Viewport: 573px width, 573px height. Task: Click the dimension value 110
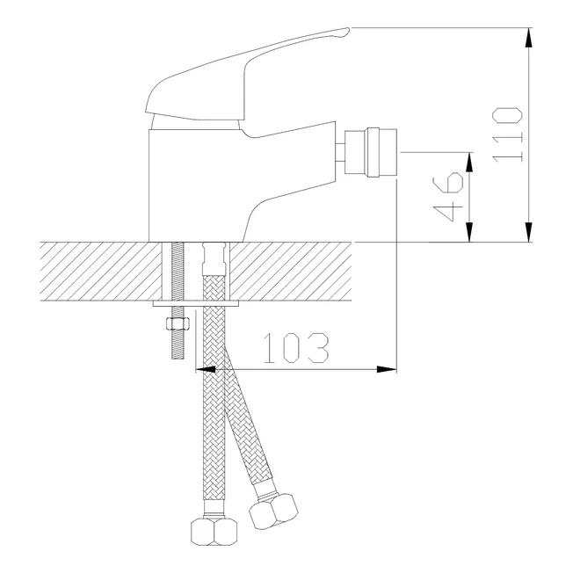507,134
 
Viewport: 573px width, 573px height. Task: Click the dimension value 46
448,197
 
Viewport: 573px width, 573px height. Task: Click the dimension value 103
296,348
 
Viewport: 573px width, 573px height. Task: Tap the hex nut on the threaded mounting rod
178,323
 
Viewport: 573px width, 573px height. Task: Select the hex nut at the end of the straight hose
214,532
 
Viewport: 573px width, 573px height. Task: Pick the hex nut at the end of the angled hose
273,511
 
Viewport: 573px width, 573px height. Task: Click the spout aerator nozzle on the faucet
371,152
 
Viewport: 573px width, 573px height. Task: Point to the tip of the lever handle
349,28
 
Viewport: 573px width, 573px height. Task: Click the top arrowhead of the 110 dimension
528,38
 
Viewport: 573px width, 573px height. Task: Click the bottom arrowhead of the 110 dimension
528,232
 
